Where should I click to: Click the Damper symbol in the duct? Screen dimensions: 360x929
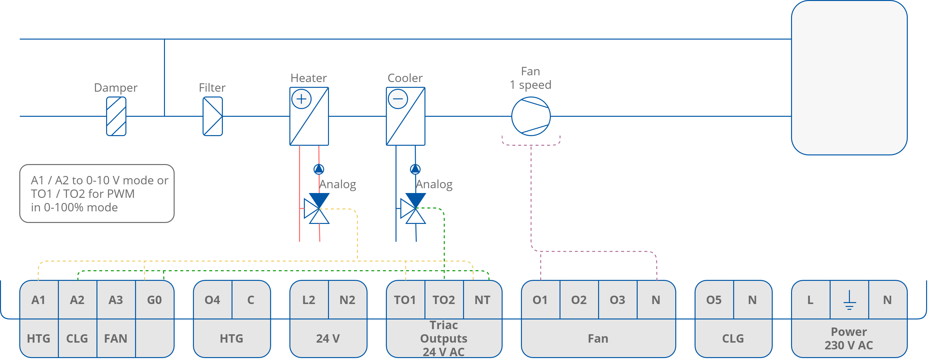(x=116, y=116)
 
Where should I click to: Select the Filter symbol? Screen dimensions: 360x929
(x=213, y=116)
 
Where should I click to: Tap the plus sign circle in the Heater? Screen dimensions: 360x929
(x=301, y=99)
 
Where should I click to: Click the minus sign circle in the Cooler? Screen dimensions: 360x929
(x=397, y=99)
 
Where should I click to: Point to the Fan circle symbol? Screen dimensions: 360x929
(x=531, y=116)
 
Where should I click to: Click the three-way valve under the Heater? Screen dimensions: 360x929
(x=317, y=208)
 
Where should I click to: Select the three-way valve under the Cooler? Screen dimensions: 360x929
(x=413, y=208)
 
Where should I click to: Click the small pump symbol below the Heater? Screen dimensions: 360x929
(x=319, y=169)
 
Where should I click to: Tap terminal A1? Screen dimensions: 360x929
(x=39, y=300)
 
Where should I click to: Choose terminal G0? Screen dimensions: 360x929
(x=154, y=300)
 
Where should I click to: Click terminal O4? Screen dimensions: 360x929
(x=213, y=300)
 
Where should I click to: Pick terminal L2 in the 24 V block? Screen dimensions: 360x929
(x=309, y=300)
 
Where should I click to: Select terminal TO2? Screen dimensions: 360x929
(x=443, y=300)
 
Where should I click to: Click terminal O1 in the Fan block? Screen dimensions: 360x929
(x=540, y=300)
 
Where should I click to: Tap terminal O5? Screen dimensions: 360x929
(x=714, y=300)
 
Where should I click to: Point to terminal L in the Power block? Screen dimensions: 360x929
(x=810, y=300)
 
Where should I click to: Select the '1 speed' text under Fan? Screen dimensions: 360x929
(x=531, y=85)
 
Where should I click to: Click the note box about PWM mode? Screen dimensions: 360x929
(x=97, y=193)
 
